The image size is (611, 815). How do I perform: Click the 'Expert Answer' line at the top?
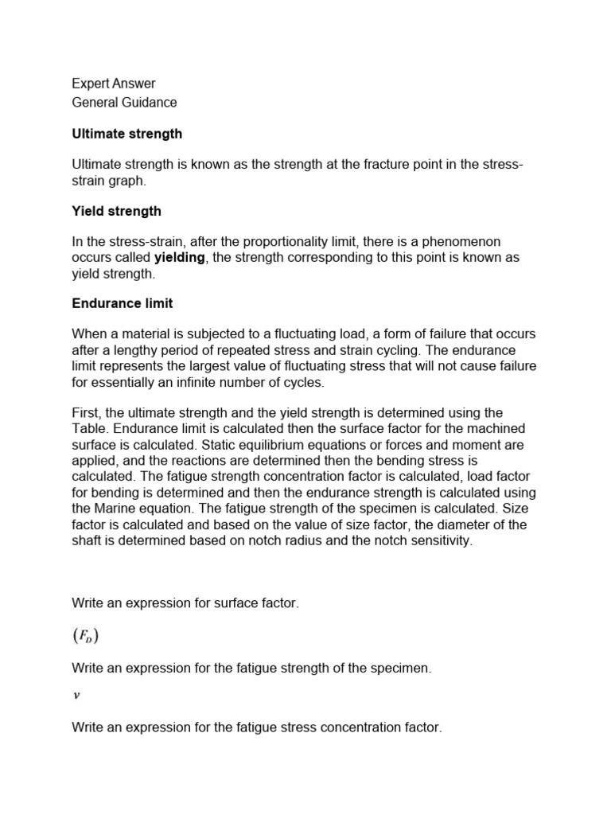(114, 84)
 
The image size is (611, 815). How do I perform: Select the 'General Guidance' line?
(124, 102)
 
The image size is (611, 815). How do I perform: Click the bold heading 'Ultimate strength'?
(126, 134)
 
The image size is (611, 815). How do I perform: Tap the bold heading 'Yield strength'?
(116, 211)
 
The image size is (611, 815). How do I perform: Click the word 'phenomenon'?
(463, 241)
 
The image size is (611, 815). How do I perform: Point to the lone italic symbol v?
(76, 694)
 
